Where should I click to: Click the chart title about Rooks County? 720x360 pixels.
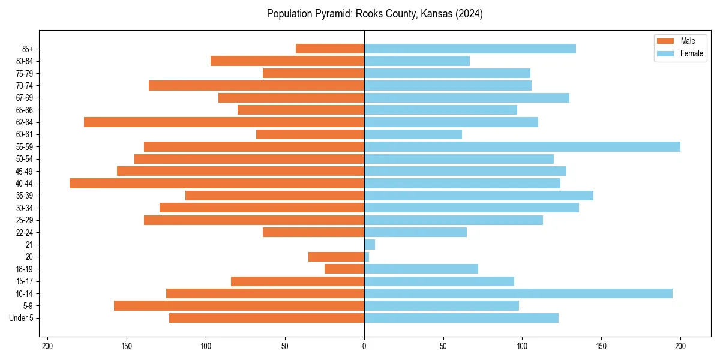click(374, 14)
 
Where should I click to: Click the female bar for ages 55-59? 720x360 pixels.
click(522, 146)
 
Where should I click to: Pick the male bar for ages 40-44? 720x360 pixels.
click(217, 184)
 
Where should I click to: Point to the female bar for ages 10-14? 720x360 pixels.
click(518, 293)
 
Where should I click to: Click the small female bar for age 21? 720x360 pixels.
click(370, 244)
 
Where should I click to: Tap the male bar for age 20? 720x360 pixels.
click(336, 257)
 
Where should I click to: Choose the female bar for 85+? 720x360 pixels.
click(470, 49)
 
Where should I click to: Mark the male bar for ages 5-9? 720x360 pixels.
click(239, 305)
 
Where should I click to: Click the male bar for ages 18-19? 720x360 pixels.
click(344, 269)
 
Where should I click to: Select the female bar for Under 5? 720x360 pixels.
click(461, 318)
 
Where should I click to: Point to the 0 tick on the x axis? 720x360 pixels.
click(364, 346)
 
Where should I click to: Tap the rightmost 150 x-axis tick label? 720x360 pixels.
click(601, 346)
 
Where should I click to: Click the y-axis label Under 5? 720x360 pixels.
click(22, 318)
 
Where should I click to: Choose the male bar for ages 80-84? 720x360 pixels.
click(287, 61)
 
